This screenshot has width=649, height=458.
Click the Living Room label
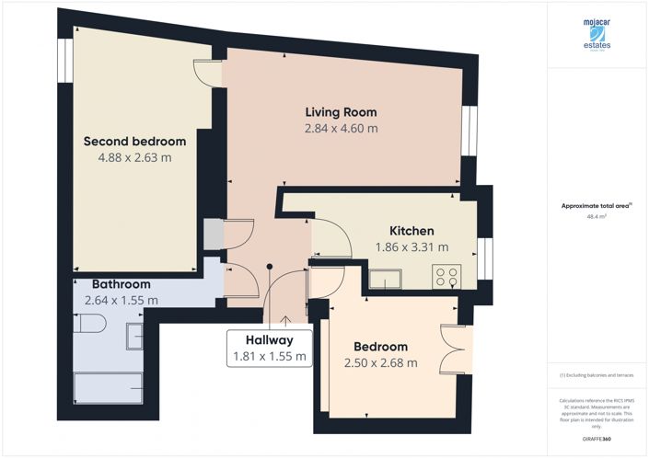coord(342,112)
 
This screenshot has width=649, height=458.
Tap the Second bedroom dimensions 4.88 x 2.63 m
coord(134,157)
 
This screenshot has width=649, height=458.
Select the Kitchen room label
coord(411,230)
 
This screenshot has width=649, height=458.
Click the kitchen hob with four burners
coord(449,275)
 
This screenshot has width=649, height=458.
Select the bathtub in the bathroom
coord(107,388)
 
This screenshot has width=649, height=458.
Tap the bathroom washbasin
coord(135,336)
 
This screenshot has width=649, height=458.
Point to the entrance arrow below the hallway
coord(285,321)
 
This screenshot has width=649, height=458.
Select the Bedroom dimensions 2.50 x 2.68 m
coord(380,363)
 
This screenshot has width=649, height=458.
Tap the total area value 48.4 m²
coord(597,217)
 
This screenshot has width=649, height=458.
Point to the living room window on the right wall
coord(469,132)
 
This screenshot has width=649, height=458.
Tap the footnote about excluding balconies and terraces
coord(597,375)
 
